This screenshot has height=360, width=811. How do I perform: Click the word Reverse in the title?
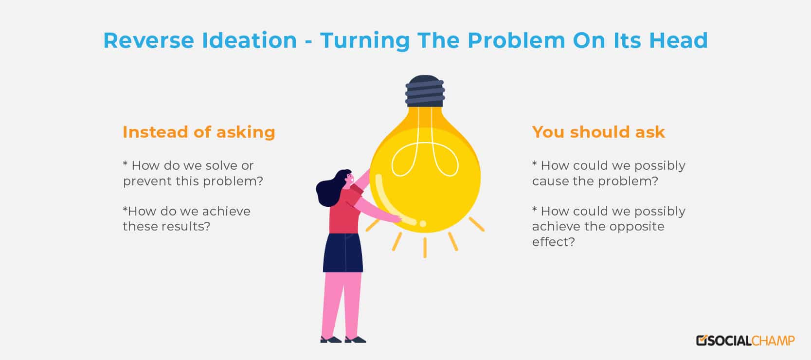pos(148,40)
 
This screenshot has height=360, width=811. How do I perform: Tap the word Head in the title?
pos(678,40)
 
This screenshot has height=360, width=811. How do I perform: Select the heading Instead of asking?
pos(199,132)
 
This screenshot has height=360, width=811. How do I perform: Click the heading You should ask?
pos(598,132)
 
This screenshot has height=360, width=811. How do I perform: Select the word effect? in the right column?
pos(553,242)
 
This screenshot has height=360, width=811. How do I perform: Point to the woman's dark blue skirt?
pos(343,252)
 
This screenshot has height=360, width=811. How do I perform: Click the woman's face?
pos(349,180)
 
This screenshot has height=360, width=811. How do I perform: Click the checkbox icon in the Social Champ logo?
pos(702,341)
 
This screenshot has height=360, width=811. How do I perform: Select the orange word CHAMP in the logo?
pos(773,341)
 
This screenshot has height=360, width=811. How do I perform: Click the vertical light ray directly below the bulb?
pos(425,248)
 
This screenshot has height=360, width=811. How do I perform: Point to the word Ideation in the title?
pos(249,40)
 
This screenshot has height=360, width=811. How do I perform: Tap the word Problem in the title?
pos(516,40)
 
